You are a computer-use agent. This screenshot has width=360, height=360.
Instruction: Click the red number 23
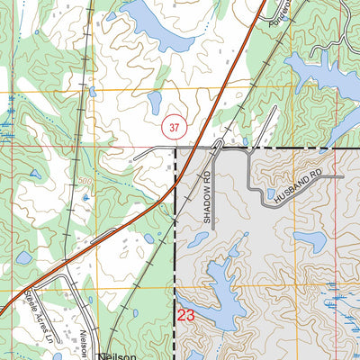click(x=186, y=315)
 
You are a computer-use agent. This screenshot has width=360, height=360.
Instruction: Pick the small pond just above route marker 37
click(x=155, y=101)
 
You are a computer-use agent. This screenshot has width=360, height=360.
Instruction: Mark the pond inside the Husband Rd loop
click(x=271, y=193)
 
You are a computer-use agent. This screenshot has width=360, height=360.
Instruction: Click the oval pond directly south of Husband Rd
click(x=309, y=241)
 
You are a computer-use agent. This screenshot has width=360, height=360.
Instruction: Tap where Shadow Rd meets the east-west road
click(x=216, y=149)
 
